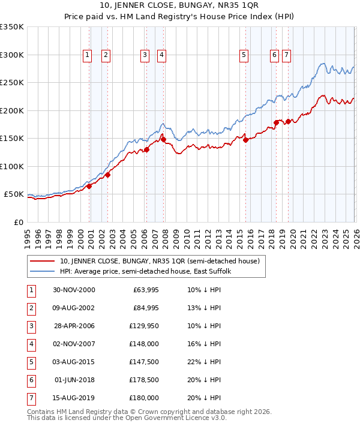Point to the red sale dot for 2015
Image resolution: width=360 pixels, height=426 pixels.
(x=245, y=140)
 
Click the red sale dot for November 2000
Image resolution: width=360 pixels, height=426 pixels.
(x=89, y=186)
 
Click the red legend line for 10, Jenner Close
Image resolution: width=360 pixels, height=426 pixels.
(x=42, y=262)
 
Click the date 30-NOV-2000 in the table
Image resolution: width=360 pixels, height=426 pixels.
(x=74, y=290)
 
